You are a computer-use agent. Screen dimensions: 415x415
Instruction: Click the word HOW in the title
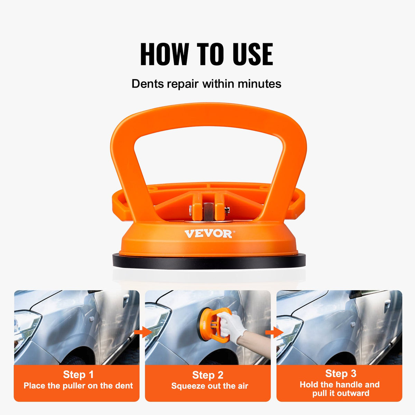point(164,54)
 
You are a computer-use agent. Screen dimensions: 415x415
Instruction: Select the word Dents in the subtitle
point(147,84)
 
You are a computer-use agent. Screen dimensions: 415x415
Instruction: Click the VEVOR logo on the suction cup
point(208,234)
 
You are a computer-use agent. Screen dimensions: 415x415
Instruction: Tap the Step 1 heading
point(78,375)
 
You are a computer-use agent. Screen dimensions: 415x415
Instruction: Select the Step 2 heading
point(207,375)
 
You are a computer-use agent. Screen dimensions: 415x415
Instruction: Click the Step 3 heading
point(341,373)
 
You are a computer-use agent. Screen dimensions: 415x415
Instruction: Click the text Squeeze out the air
point(210,386)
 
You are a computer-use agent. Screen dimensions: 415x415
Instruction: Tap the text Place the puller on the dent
point(78,386)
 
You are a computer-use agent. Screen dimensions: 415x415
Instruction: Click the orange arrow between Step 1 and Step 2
point(142,333)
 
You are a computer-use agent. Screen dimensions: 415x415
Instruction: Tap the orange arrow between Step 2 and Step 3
point(274,333)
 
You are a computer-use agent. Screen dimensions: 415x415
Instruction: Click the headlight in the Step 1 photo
point(26,325)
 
